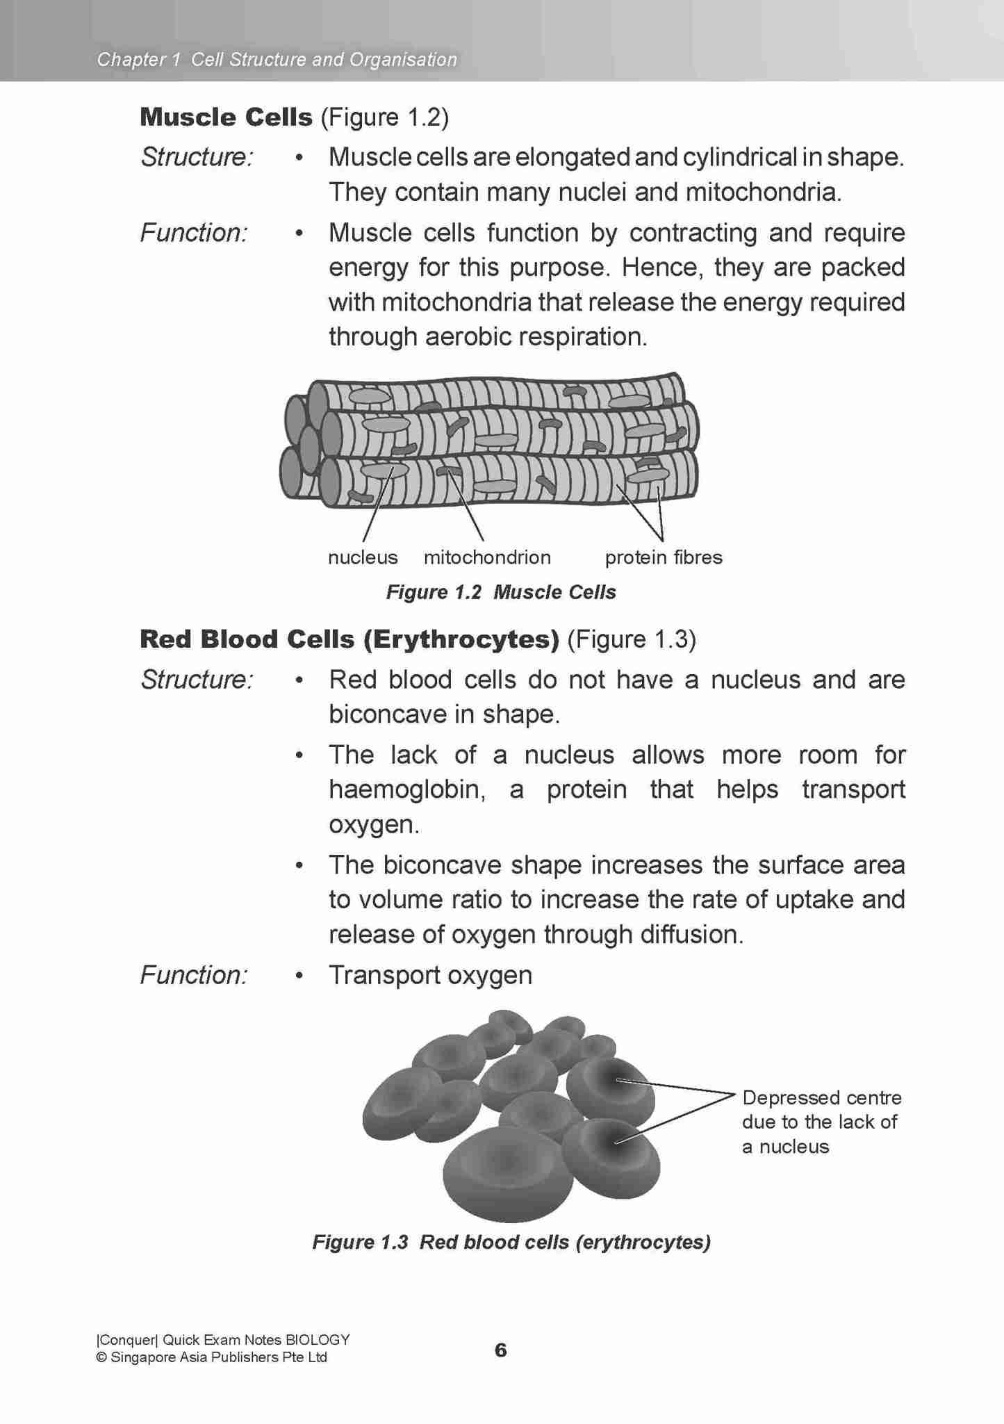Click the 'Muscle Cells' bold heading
tap(226, 117)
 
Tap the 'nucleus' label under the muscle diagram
tap(363, 557)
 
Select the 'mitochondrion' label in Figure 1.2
tap(487, 557)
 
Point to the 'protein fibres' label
tap(664, 557)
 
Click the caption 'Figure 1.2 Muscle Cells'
tap(501, 592)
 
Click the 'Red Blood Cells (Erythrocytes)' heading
tap(349, 639)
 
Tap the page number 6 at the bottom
tap(500, 1350)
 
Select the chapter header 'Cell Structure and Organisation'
tap(324, 60)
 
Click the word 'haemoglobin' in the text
tap(406, 789)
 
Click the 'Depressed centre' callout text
tap(821, 1097)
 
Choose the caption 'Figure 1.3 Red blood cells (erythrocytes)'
tap(511, 1242)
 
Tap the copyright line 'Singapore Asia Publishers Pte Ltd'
tap(218, 1357)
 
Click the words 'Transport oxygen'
tap(430, 975)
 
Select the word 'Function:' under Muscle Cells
tap(194, 233)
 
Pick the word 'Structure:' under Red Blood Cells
tap(197, 680)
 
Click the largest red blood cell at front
tap(507, 1173)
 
